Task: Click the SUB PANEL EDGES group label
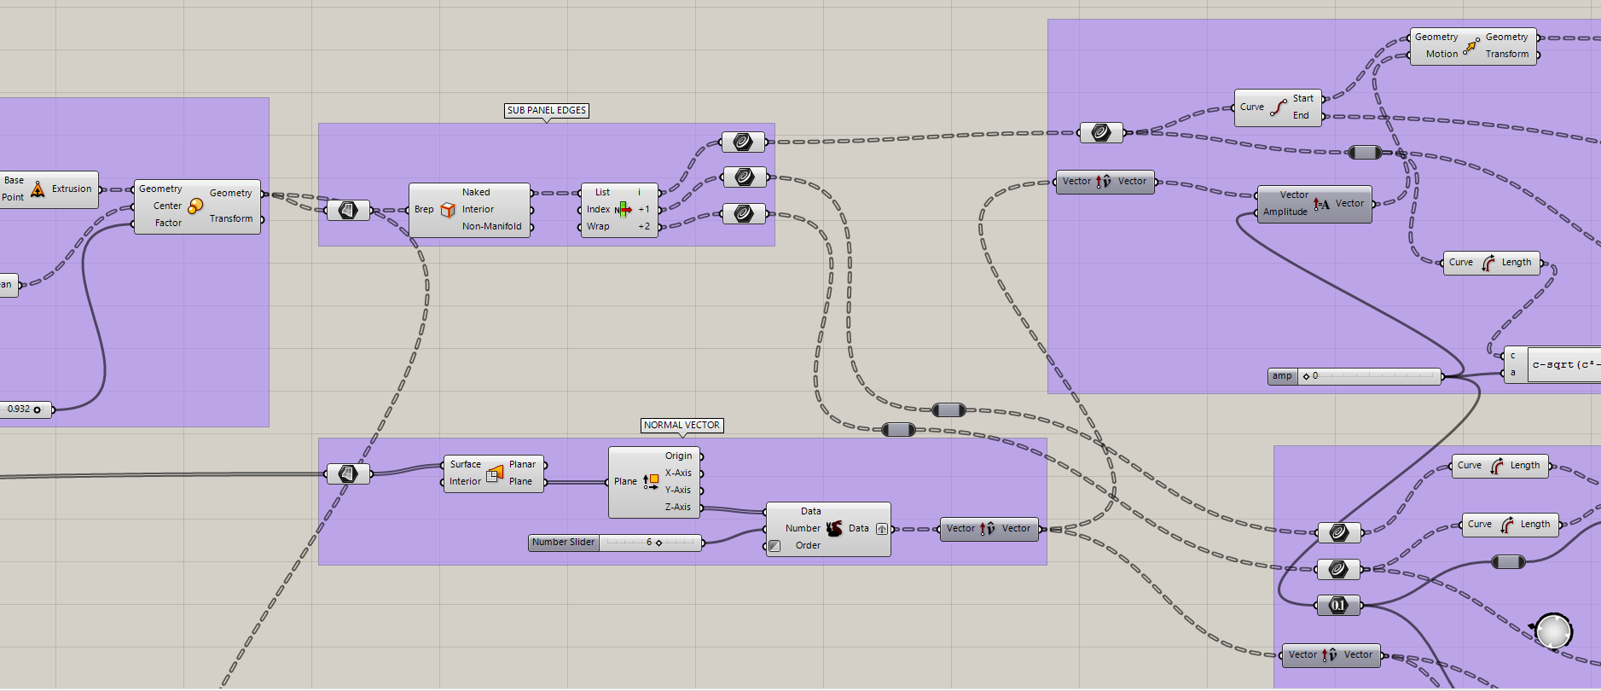click(546, 110)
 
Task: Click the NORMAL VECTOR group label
click(682, 425)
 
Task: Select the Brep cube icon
click(448, 210)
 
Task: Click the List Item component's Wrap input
click(598, 226)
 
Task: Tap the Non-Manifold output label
click(491, 226)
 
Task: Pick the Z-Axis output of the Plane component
click(678, 507)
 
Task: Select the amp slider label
click(1282, 375)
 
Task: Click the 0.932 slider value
click(19, 409)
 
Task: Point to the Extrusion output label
click(72, 189)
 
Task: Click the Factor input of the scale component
click(168, 223)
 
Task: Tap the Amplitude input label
click(1285, 212)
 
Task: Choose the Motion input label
click(1441, 54)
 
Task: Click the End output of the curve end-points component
click(1301, 115)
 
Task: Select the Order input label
click(808, 545)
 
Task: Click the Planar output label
click(522, 464)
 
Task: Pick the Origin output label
click(678, 456)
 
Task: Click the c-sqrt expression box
click(1564, 364)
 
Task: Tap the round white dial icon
click(1553, 632)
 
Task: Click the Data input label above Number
click(810, 511)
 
